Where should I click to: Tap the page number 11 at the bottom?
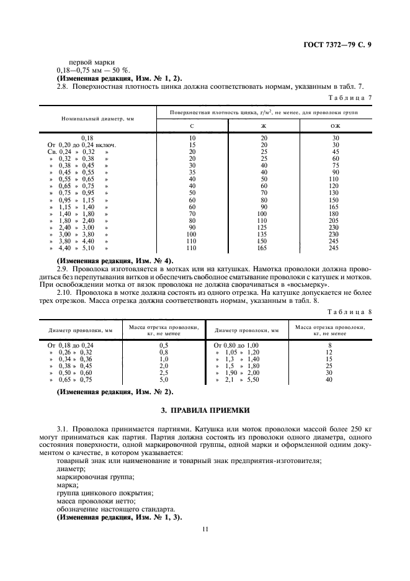click(205, 529)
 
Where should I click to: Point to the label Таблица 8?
click(351, 312)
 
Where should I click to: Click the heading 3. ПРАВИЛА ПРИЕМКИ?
click(205, 411)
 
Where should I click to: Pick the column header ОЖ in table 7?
click(335, 126)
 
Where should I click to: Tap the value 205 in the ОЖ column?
click(335, 221)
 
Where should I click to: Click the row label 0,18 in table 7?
click(87, 138)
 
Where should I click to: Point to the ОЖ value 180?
click(335, 214)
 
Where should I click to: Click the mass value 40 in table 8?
click(329, 379)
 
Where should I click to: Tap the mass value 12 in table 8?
click(329, 351)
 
